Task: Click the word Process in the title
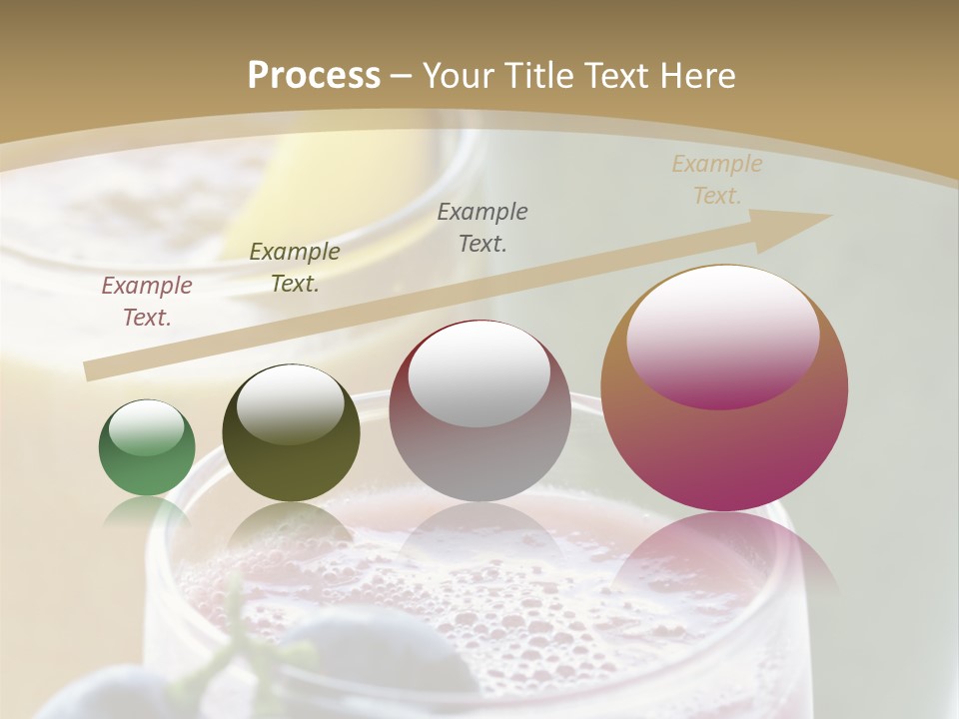pyautogui.click(x=314, y=75)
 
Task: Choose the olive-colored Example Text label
pyautogui.click(x=295, y=268)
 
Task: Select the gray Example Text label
pyautogui.click(x=482, y=227)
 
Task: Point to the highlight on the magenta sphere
pyautogui.click(x=722, y=335)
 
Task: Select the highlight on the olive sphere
pyautogui.click(x=290, y=403)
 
